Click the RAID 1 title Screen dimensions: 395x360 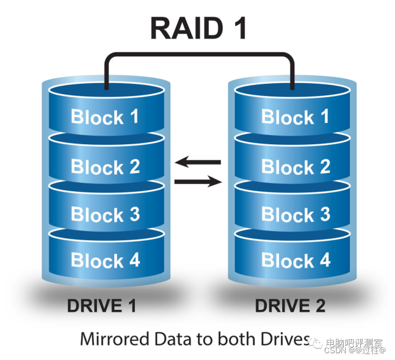pos(198,28)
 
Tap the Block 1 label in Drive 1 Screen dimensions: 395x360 pos(105,116)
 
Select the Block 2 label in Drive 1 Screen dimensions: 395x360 pos(105,166)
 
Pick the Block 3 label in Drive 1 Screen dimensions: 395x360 pos(105,214)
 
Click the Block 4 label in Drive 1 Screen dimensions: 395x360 pos(105,260)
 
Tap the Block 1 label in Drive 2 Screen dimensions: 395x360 pos(295,116)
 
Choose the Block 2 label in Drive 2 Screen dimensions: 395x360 pos(295,166)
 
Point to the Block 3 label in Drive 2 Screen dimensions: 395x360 pos(295,214)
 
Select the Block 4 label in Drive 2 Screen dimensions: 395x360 pos(295,260)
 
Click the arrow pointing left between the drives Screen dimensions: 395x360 pos(198,162)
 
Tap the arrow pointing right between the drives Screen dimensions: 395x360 pos(198,182)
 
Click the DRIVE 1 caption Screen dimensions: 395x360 pos(101,306)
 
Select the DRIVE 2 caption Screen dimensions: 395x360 pos(290,306)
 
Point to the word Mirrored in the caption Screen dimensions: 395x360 pos(115,339)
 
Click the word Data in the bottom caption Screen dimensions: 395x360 pos(173,339)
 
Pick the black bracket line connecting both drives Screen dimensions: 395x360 pos(200,54)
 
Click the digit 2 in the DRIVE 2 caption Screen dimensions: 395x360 pos(320,306)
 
